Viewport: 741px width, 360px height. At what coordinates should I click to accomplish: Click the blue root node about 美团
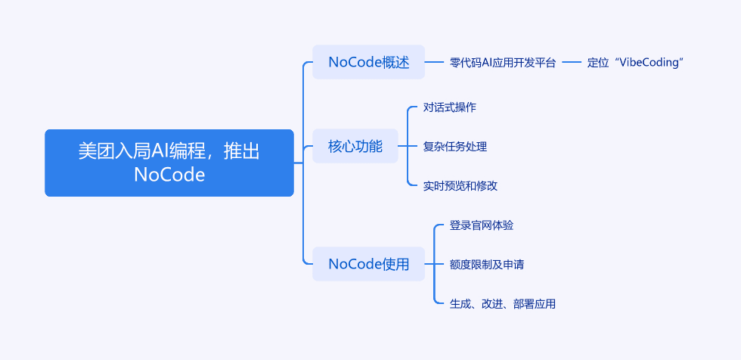pyautogui.click(x=169, y=163)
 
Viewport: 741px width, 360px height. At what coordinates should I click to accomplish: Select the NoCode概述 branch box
pyautogui.click(x=369, y=62)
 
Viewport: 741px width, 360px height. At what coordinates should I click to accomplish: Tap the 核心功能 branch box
pyautogui.click(x=355, y=146)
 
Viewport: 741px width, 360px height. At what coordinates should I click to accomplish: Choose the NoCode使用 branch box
pyautogui.click(x=369, y=264)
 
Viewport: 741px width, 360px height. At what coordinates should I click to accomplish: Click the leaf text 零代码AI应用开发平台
pyautogui.click(x=503, y=62)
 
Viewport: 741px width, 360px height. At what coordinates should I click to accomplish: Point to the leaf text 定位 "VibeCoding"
pyautogui.click(x=636, y=62)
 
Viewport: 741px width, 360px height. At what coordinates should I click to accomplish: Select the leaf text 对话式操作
pyautogui.click(x=449, y=107)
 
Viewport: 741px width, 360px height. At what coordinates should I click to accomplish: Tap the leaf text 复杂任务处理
pyautogui.click(x=454, y=147)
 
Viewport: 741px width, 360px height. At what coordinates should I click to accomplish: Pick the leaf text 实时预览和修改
pyautogui.click(x=460, y=185)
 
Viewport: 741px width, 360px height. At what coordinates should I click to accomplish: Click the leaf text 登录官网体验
pyautogui.click(x=482, y=225)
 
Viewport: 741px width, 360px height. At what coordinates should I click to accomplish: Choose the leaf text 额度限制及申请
pyautogui.click(x=487, y=265)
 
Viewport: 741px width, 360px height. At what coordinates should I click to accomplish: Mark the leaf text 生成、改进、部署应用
pyautogui.click(x=503, y=304)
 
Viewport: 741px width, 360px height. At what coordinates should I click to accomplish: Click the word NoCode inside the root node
pyautogui.click(x=169, y=175)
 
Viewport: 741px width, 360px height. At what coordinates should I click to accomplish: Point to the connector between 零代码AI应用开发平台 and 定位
pyautogui.click(x=572, y=62)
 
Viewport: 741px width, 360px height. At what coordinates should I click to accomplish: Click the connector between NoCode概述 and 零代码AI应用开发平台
pyautogui.click(x=435, y=62)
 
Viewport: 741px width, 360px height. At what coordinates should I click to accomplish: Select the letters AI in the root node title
pyautogui.click(x=157, y=151)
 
